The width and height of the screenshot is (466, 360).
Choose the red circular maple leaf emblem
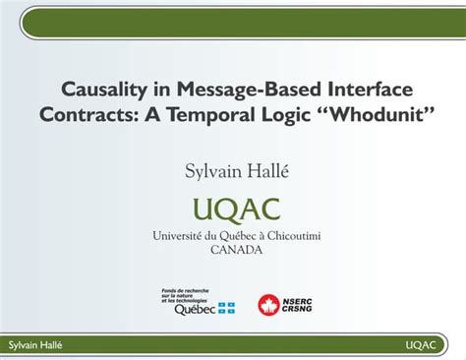coord(268,306)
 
